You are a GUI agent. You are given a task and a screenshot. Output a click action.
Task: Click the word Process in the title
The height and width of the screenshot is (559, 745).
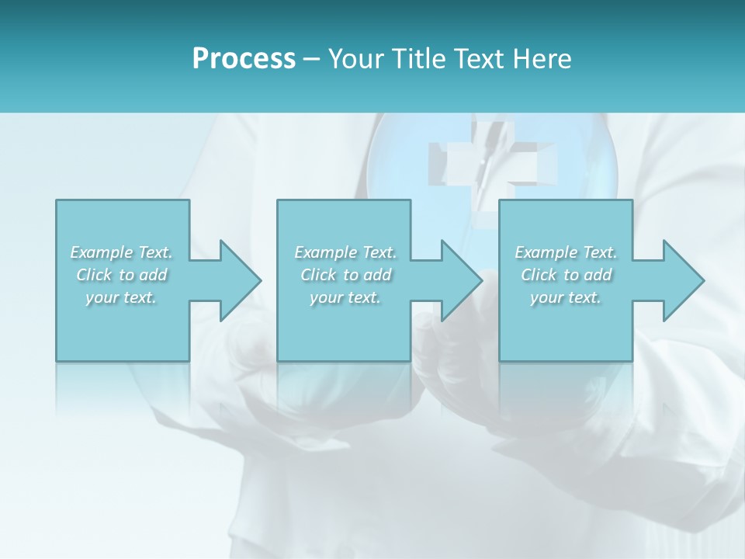pyautogui.click(x=244, y=59)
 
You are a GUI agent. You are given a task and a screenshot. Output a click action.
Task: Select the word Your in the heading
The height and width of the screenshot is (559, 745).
pyautogui.click(x=355, y=59)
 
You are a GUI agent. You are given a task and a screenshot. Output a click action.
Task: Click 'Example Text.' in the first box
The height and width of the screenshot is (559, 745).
pyautogui.click(x=122, y=252)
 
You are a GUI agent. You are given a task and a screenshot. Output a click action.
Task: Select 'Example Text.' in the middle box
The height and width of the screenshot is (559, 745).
pyautogui.click(x=345, y=252)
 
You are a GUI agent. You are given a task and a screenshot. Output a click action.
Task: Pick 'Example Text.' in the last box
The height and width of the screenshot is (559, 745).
pyautogui.click(x=566, y=252)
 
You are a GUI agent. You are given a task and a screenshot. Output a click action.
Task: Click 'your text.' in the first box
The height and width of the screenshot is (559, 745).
pyautogui.click(x=121, y=297)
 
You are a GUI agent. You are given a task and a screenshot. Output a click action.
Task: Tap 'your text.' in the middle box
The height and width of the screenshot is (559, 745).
pyautogui.click(x=345, y=297)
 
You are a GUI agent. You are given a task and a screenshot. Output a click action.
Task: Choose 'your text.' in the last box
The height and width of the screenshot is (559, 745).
pyautogui.click(x=566, y=297)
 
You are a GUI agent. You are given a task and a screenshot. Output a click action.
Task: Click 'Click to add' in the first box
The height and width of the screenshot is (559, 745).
pyautogui.click(x=122, y=275)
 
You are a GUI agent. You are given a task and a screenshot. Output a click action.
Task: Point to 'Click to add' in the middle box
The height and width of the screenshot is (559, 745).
pyautogui.click(x=345, y=275)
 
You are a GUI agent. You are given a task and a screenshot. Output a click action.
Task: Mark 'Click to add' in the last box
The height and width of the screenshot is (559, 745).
pyautogui.click(x=566, y=275)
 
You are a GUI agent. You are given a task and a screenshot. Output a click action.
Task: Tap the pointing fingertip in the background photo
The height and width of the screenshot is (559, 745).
pyautogui.click(x=487, y=272)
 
